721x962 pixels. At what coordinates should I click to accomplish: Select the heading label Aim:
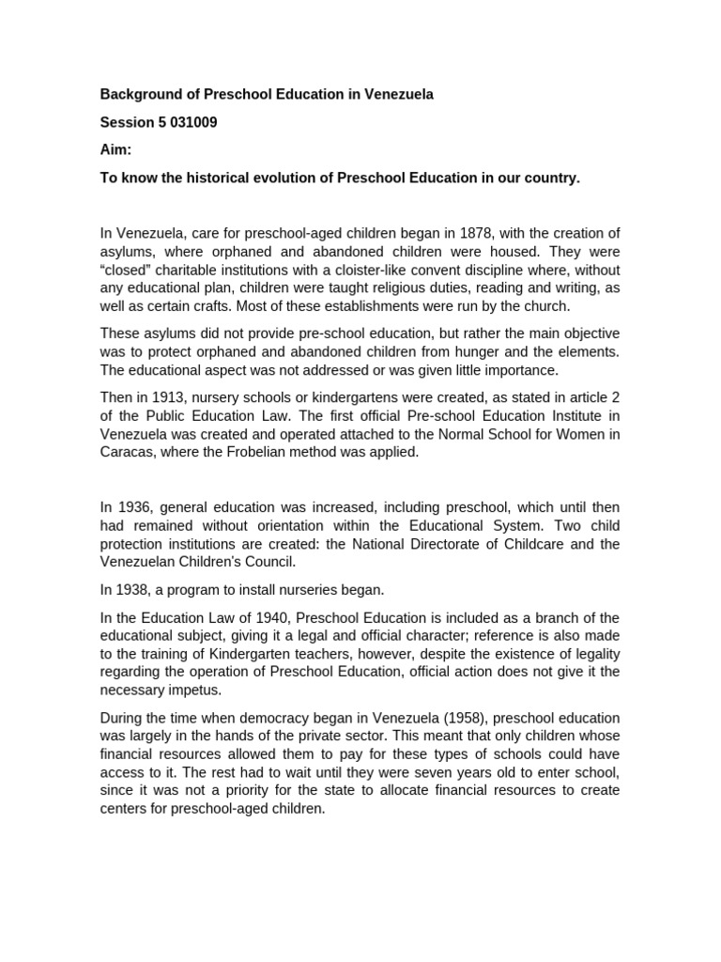pos(116,150)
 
